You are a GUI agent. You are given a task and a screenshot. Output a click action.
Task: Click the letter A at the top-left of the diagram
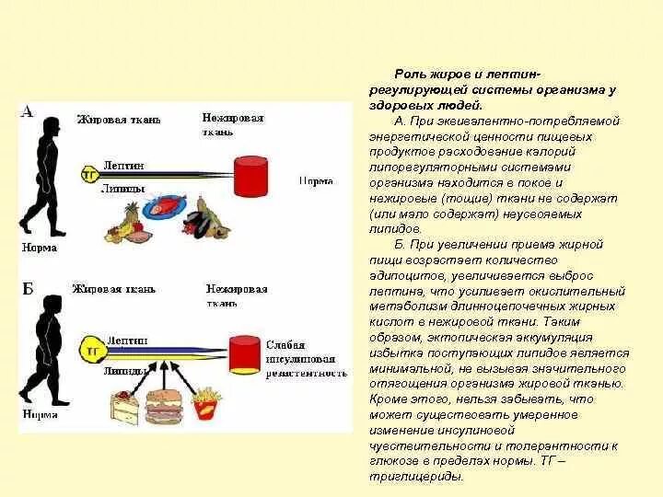tap(27, 112)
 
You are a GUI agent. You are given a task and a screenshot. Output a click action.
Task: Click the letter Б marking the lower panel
tap(27, 290)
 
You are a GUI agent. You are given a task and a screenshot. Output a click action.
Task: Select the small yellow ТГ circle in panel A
tap(90, 173)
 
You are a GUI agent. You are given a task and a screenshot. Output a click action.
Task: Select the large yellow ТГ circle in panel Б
tap(92, 351)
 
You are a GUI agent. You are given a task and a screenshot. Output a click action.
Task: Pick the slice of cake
tap(122, 405)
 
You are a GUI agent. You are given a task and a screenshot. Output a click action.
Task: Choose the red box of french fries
tap(205, 404)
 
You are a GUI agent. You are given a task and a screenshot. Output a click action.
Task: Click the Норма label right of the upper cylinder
tap(316, 181)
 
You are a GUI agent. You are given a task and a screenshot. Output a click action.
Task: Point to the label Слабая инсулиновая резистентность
tap(305, 359)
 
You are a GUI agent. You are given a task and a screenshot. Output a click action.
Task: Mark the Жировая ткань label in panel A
tap(111, 120)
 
